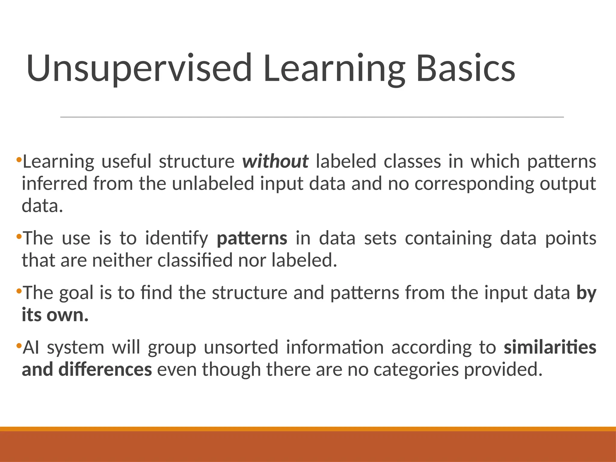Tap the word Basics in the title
[466, 69]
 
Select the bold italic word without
[275, 161]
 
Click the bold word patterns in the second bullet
[252, 239]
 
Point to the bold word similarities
[550, 347]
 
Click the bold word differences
[105, 370]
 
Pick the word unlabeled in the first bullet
[213, 184]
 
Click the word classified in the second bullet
[195, 260]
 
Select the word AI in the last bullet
[31, 348]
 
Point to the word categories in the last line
[416, 370]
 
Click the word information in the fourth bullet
[334, 348]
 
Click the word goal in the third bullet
[76, 293]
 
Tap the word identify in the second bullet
[177, 239]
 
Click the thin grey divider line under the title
[312, 117]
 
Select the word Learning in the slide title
[334, 69]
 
